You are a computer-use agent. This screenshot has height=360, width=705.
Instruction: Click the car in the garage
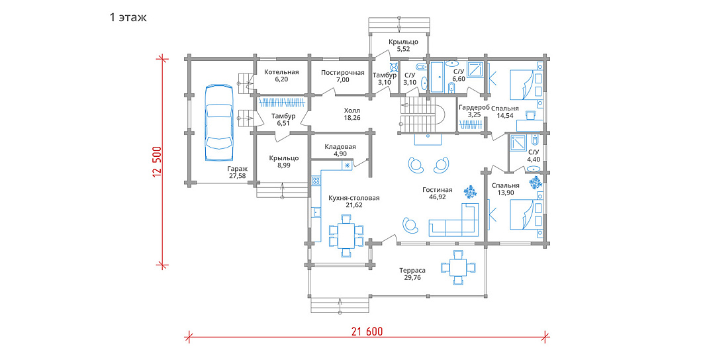point(219,122)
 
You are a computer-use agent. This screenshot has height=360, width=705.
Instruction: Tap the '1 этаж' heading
point(128,18)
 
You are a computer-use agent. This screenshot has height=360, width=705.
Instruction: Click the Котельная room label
point(281,72)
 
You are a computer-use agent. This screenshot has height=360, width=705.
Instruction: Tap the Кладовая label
point(340,147)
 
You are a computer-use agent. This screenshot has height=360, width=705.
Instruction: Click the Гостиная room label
point(438,190)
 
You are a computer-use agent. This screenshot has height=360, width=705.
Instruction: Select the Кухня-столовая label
point(354,198)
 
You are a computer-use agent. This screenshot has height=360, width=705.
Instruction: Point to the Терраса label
point(412,270)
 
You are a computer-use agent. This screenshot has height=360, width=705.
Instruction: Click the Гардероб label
point(474,108)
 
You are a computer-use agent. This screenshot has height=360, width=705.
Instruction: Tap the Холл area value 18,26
point(352,118)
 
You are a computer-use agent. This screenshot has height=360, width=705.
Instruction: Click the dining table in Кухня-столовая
point(346,236)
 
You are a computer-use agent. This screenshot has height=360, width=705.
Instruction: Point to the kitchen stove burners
point(316,181)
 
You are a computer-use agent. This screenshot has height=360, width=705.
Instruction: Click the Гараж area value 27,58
point(236,176)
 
